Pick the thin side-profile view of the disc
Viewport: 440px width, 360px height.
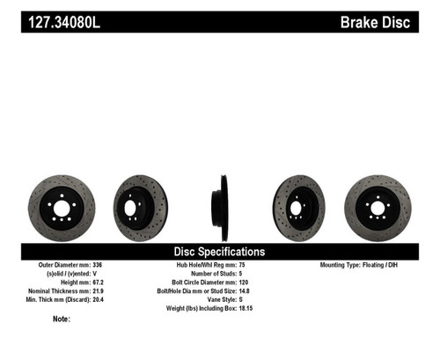216,208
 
